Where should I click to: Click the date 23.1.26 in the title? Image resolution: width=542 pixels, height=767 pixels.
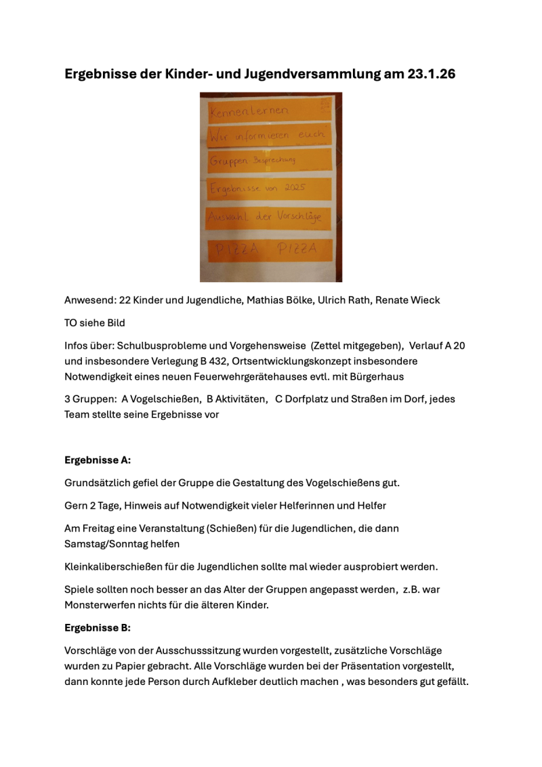[432, 74]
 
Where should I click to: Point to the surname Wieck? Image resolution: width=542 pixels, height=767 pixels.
[424, 300]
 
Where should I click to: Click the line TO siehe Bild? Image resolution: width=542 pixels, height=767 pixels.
[95, 323]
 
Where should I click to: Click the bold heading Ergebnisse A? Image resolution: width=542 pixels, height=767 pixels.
[98, 460]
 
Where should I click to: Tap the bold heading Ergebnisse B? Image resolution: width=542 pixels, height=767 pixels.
[98, 627]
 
